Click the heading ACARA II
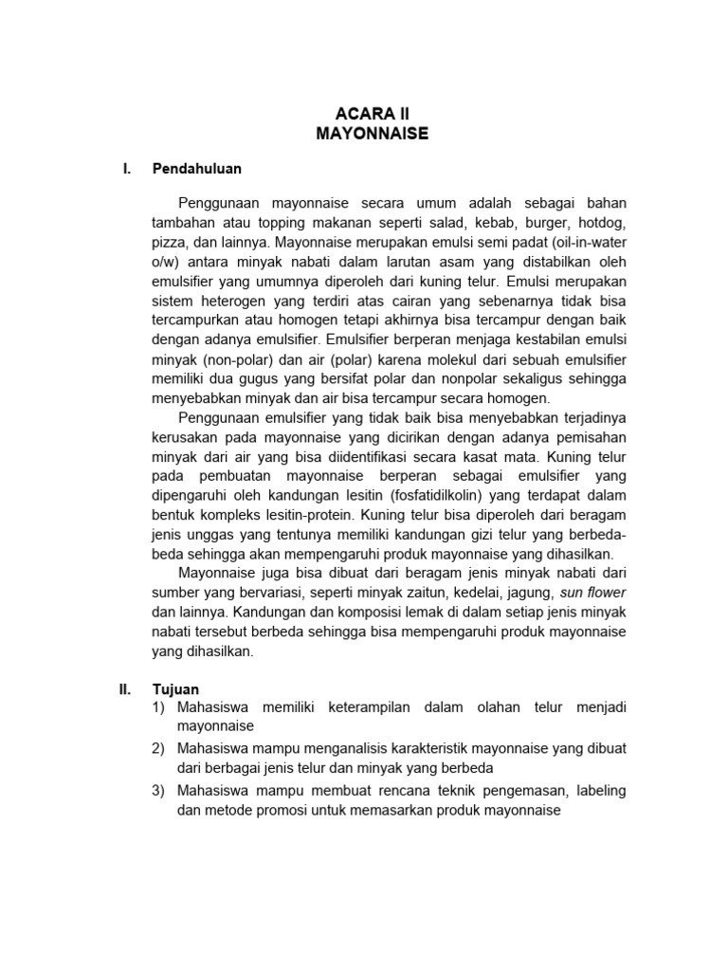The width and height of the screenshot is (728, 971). pos(372,114)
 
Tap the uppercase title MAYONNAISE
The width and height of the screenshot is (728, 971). pos(372,135)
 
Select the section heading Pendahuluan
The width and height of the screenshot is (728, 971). pos(197,169)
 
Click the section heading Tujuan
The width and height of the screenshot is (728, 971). pos(174,690)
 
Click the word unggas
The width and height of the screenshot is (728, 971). pos(209,535)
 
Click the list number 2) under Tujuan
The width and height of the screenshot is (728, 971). pos(158,749)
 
